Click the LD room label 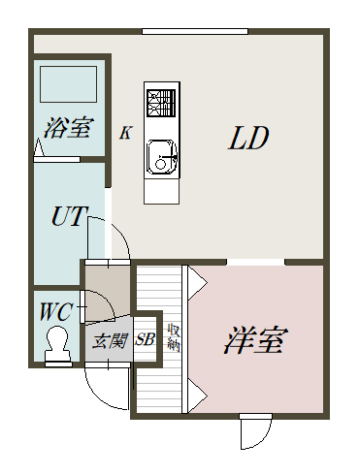click(248, 138)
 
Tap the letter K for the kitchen click(126, 132)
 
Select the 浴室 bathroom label click(68, 127)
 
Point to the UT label click(69, 216)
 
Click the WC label click(55, 312)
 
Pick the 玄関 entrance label click(110, 341)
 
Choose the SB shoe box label click(145, 339)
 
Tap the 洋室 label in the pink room click(255, 341)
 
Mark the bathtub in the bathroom click(69, 84)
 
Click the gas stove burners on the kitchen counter click(161, 103)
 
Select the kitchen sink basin click(161, 158)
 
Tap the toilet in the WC click(58, 345)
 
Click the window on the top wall click(195, 31)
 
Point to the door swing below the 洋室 click(256, 431)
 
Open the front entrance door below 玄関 click(108, 386)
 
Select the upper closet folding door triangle click(198, 283)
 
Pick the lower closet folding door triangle click(198, 396)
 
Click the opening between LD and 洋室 click(255, 262)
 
